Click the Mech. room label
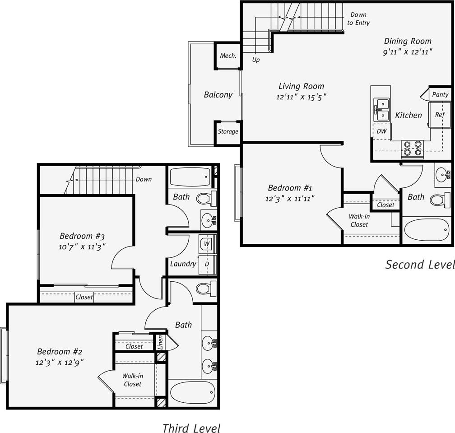coord(228,56)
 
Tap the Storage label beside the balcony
coord(228,132)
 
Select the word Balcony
coord(218,95)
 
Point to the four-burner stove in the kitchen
coord(413,149)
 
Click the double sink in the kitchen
coord(381,110)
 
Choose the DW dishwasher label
coord(381,131)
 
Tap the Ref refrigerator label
coord(440,115)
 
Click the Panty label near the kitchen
coord(440,94)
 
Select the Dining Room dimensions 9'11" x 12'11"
coord(408,52)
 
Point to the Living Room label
coord(301,86)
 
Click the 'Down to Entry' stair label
coord(358,19)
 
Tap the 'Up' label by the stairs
coord(256,60)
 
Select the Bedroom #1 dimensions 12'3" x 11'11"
coord(290,198)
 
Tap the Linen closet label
coord(160,342)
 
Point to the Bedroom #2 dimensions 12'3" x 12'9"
coord(60,362)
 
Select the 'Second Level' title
coord(419,264)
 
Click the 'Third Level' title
coord(191,428)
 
